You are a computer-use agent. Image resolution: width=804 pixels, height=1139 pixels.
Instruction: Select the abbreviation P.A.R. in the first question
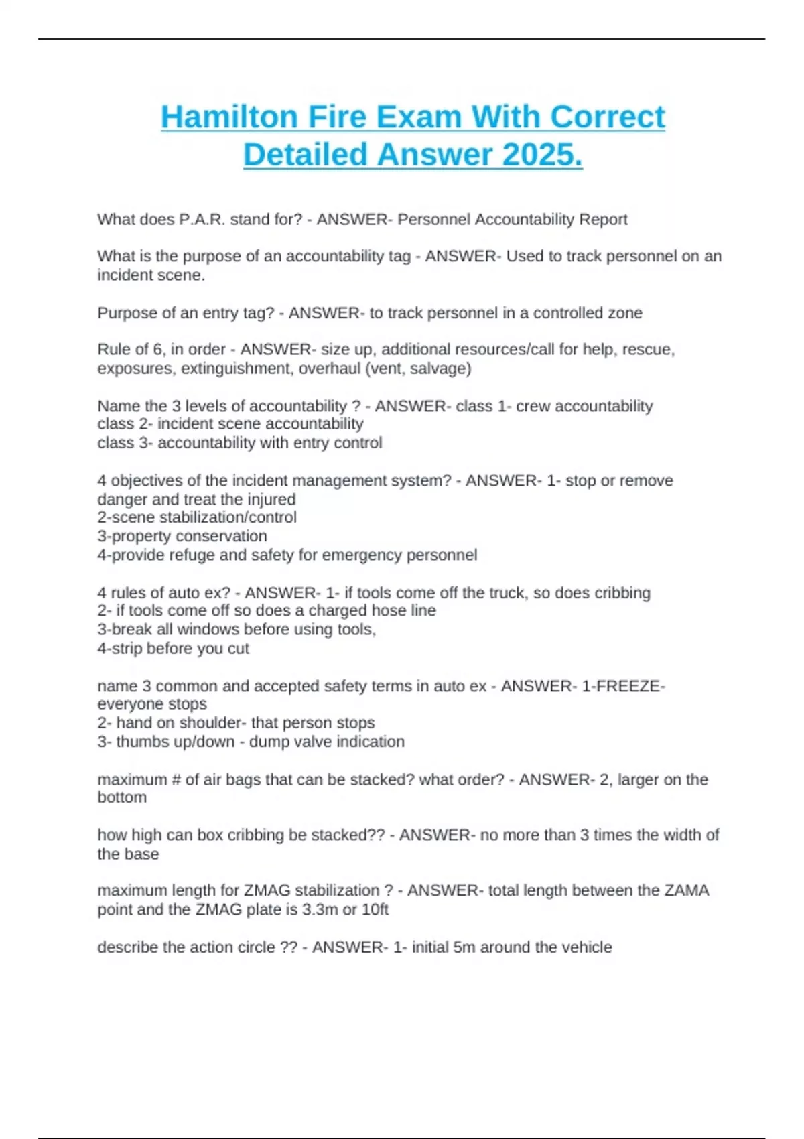pyautogui.click(x=202, y=220)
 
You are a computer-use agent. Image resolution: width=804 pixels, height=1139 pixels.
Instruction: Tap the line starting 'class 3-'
pyautogui.click(x=239, y=443)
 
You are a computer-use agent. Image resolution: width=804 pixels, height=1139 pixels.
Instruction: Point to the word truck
pyautogui.click(x=507, y=593)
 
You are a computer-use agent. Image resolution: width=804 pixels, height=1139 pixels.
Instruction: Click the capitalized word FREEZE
pyautogui.click(x=628, y=686)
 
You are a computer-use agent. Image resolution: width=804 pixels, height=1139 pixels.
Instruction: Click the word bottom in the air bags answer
pyautogui.click(x=122, y=797)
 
